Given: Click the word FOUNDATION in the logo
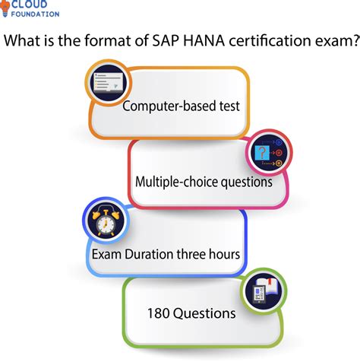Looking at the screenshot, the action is pos(35,14).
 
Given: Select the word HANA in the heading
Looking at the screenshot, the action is pos(204,40).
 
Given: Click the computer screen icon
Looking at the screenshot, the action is pos(109,83).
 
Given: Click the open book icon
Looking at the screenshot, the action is pos(264,291).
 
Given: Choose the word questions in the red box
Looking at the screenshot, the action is pos(246,183).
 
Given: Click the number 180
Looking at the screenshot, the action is pos(159,313).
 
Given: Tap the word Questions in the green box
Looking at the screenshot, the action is pos(204,314).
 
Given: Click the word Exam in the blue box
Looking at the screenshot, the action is pos(106,254).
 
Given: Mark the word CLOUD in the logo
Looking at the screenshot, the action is pos(30,5).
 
